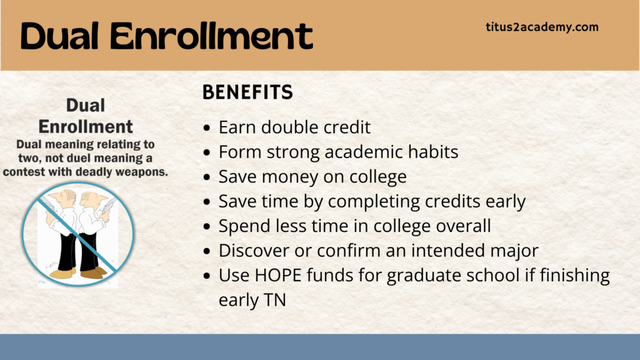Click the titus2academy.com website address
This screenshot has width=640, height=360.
click(542, 27)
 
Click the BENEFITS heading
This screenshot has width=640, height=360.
click(247, 92)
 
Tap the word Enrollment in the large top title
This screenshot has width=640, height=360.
click(211, 36)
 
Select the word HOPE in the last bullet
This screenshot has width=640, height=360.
click(278, 275)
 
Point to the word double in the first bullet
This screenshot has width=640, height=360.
click(290, 127)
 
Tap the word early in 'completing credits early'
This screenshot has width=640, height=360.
click(505, 202)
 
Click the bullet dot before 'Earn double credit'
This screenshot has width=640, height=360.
click(206, 128)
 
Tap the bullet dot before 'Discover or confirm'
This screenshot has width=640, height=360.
click(206, 251)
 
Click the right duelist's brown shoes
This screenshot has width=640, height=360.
click(93, 272)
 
